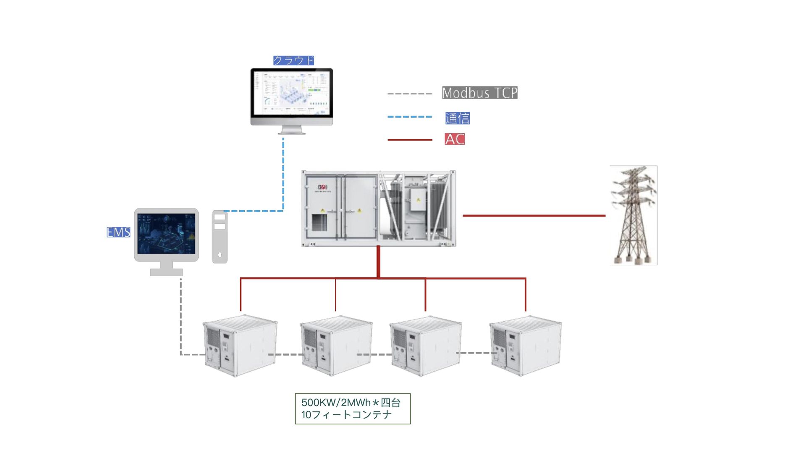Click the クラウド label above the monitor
[294, 61]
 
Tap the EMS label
[118, 232]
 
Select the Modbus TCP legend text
[479, 93]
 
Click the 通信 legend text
[457, 118]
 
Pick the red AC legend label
[455, 139]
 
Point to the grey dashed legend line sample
[409, 94]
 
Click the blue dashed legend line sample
[409, 117]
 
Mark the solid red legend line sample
[409, 140]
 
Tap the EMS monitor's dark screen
[167, 233]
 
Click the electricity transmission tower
[633, 215]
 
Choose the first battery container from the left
[240, 346]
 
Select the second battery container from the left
[336, 346]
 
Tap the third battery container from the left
[426, 346]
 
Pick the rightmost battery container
[526, 346]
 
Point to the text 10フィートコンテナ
[346, 415]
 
